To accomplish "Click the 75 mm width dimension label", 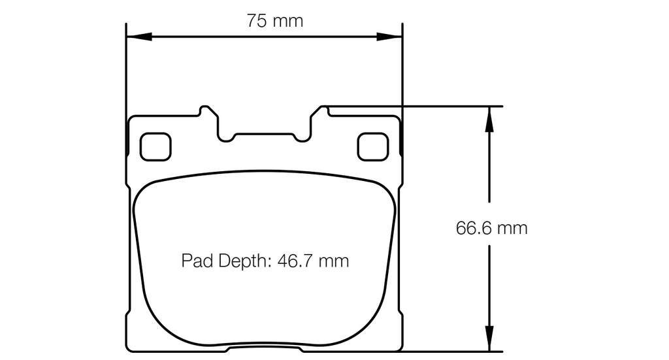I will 274,21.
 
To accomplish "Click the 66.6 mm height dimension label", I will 491,229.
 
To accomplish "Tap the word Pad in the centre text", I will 194,261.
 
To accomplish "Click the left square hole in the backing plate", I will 155,146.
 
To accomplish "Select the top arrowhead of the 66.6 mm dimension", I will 488,114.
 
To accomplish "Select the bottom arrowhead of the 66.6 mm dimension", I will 488,344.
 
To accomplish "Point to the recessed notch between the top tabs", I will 265,135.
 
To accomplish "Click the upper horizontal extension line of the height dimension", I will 444,106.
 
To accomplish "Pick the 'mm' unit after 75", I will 288,21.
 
